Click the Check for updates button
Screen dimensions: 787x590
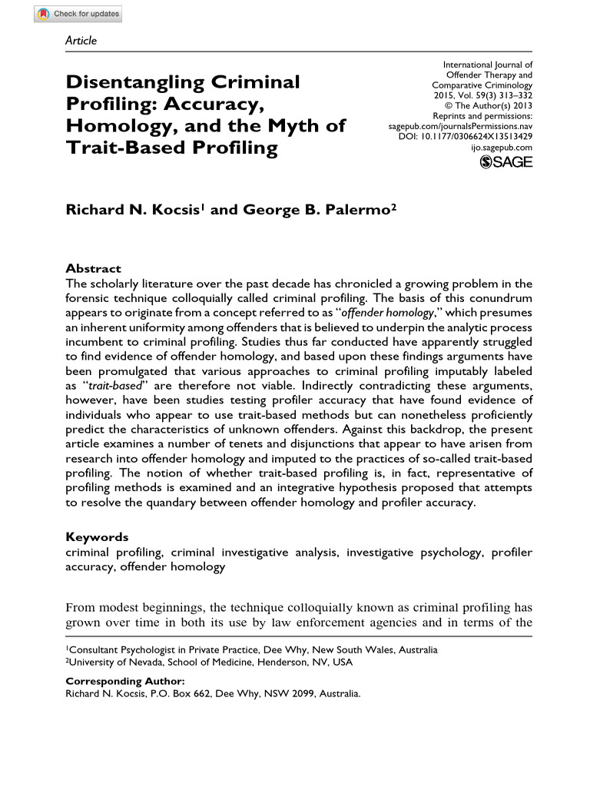tap(78, 15)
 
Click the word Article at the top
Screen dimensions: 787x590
tap(81, 41)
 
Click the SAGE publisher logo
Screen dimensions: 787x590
tap(505, 161)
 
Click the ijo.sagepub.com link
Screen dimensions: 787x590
tap(501, 146)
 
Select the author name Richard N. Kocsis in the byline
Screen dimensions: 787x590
tap(134, 211)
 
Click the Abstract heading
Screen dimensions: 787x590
tap(93, 268)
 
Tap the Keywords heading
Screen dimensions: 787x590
tap(97, 537)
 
